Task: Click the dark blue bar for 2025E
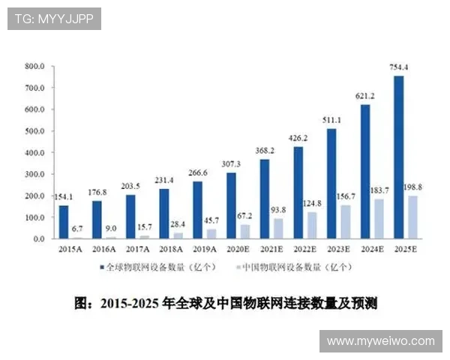pos(398,157)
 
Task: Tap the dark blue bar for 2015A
pos(64,222)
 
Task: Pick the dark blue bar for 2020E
pos(231,205)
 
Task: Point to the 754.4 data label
pos(399,68)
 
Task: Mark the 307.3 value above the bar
pos(231,164)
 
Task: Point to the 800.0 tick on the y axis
pos(35,66)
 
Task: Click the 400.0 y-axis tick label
pos(35,152)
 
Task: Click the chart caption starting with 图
pos(225,304)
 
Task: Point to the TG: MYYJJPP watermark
pos(54,18)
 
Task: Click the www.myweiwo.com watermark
pos(380,341)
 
